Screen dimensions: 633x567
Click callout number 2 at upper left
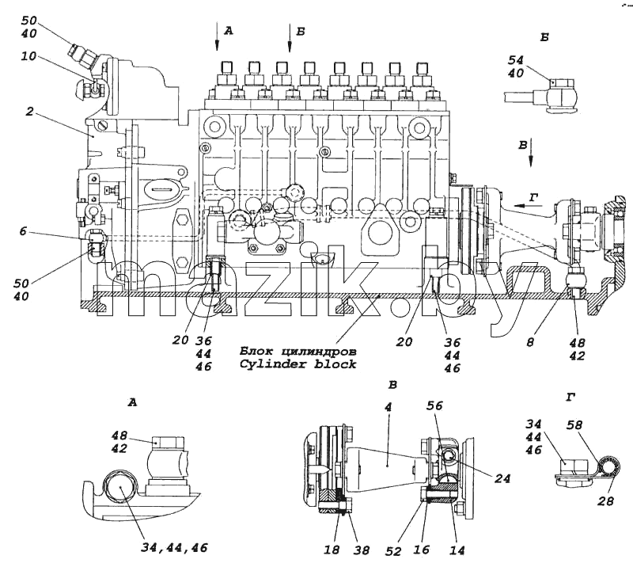click(x=29, y=111)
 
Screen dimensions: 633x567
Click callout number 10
click(x=28, y=55)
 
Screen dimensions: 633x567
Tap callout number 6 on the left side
click(x=23, y=231)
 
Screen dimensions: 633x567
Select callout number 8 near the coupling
click(x=530, y=342)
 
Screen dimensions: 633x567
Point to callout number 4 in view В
click(x=388, y=407)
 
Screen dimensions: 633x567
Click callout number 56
click(x=434, y=405)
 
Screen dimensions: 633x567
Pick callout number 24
click(x=502, y=478)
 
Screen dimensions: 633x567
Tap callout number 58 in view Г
click(x=574, y=424)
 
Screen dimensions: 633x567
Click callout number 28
click(x=605, y=501)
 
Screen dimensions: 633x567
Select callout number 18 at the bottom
click(x=332, y=550)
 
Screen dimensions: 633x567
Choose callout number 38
click(x=361, y=550)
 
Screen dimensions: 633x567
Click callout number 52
click(x=393, y=551)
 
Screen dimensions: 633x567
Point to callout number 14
click(x=457, y=550)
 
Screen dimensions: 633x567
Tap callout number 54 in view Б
click(x=516, y=60)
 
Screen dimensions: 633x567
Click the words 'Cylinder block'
click(x=298, y=364)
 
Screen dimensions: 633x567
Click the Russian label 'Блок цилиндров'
click(x=298, y=351)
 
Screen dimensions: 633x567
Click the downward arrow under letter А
click(x=217, y=36)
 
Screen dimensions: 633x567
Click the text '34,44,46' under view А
click(x=174, y=548)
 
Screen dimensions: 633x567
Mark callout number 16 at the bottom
click(x=421, y=550)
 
